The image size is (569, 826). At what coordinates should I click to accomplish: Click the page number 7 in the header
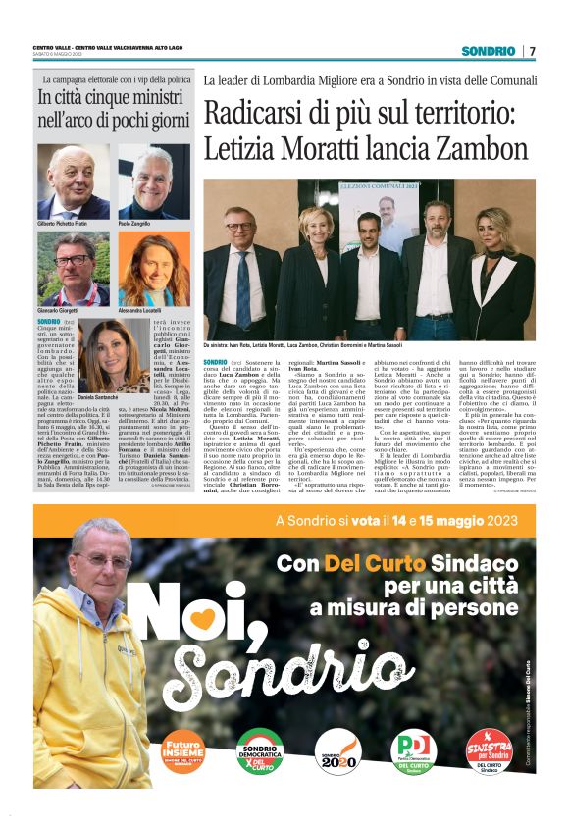[533, 51]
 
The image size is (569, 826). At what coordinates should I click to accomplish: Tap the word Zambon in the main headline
[439, 150]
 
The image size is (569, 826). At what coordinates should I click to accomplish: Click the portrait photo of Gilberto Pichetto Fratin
[74, 181]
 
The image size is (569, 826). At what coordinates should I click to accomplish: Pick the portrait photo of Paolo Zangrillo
[154, 181]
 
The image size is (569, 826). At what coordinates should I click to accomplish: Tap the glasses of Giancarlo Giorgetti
[73, 262]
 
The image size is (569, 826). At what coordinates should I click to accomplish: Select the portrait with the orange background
[154, 269]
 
